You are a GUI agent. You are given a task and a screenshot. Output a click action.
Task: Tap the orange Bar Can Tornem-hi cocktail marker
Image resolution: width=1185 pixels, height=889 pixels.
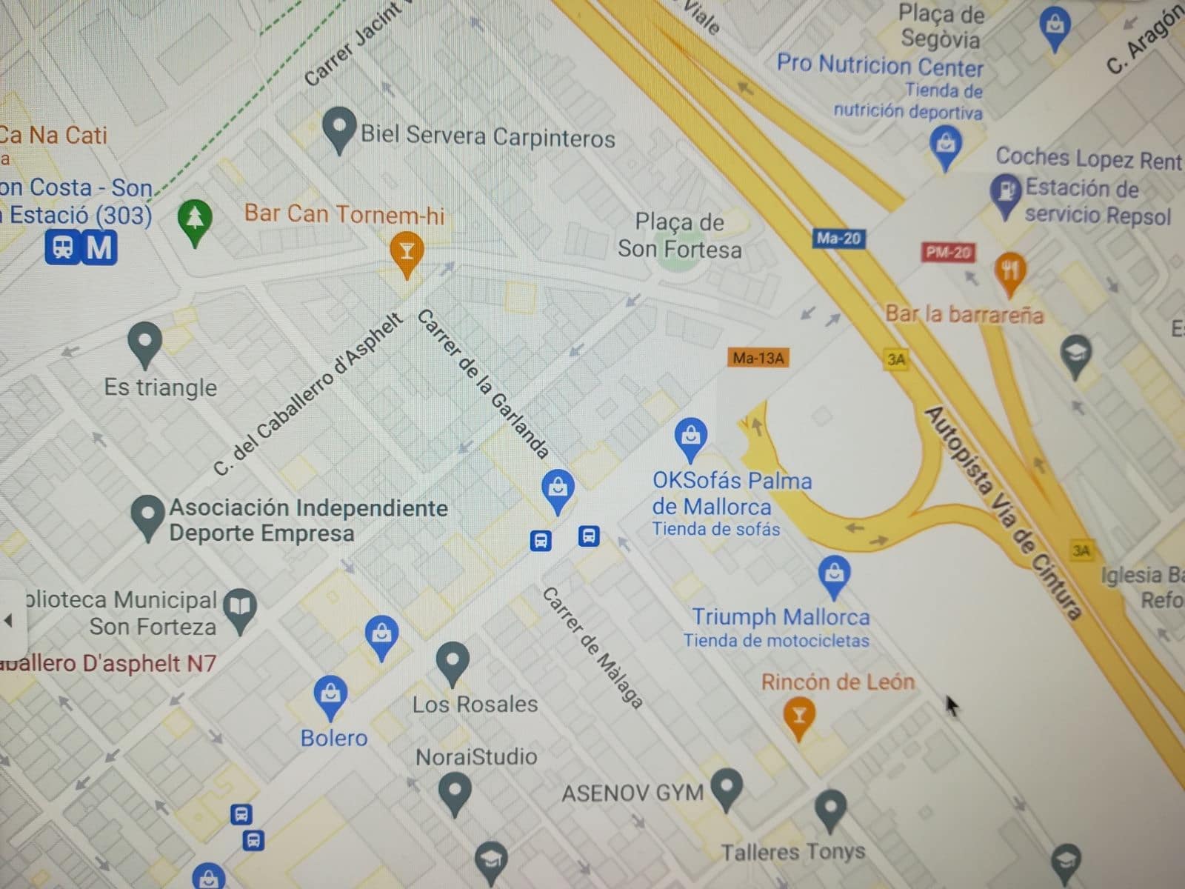point(406,252)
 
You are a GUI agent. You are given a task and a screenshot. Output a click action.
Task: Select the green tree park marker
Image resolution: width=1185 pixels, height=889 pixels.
point(195,222)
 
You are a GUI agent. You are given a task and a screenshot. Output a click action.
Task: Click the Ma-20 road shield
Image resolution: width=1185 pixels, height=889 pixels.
point(839,239)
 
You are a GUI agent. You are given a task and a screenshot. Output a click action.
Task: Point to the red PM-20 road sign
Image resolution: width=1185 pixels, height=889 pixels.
point(948,252)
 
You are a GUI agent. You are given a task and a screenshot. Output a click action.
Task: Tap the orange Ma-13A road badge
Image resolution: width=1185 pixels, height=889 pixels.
point(758,358)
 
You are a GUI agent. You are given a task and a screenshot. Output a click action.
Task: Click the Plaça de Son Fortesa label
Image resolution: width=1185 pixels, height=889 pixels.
point(679,236)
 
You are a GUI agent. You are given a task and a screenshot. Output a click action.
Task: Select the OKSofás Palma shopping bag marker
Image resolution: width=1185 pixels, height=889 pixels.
point(690,437)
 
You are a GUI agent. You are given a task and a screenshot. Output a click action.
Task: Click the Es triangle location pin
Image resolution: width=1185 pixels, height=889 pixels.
point(145,343)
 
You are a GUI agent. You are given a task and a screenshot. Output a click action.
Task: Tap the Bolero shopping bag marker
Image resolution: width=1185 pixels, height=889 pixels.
point(330,695)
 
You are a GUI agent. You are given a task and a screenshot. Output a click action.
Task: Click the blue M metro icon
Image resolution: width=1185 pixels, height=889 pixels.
point(99,248)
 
